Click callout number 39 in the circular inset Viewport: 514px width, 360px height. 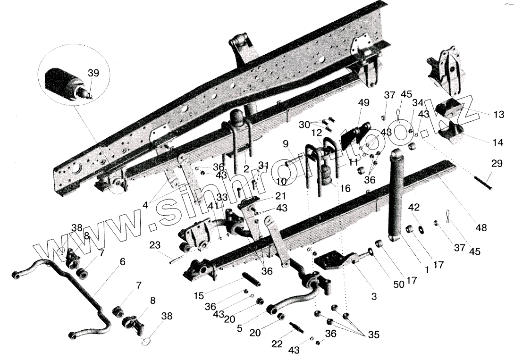(93, 73)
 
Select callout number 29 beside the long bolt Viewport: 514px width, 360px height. (497, 164)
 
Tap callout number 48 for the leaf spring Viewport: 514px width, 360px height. (481, 228)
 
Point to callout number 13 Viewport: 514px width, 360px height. (498, 115)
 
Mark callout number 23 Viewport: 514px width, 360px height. (156, 245)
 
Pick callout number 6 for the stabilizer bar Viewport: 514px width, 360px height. (122, 261)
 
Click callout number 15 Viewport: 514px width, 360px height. (199, 296)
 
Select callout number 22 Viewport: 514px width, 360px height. (278, 344)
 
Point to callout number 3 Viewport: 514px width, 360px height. (374, 297)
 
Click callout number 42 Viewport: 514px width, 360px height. (413, 207)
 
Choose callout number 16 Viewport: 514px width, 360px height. (345, 188)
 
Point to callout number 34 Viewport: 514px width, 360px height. (417, 102)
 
